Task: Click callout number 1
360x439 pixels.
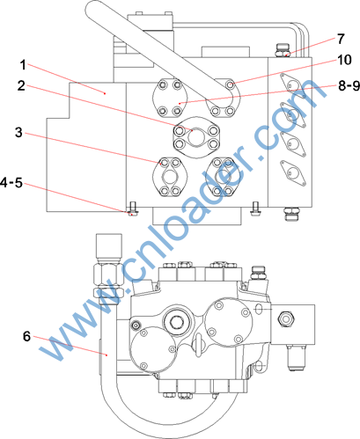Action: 23,65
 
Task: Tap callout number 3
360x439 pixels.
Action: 18,133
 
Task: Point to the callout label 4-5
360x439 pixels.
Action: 11,183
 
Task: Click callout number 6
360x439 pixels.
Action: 26,336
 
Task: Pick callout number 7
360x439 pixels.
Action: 341,39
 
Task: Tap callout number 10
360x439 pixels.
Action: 344,60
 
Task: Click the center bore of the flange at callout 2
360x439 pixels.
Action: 195,137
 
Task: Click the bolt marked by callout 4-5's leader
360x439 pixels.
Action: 133,209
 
